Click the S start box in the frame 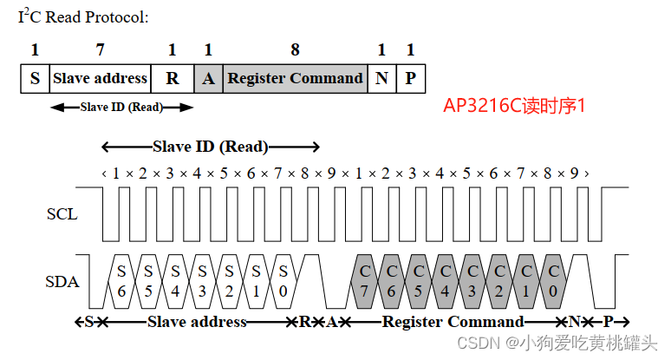pyautogui.click(x=35, y=78)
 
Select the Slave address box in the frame pyautogui.click(x=101, y=78)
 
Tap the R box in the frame pyautogui.click(x=173, y=78)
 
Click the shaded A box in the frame pyautogui.click(x=208, y=78)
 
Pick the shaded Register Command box pyautogui.click(x=295, y=78)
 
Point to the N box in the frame pyautogui.click(x=381, y=78)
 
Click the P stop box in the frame pyautogui.click(x=410, y=78)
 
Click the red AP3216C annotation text pyautogui.click(x=515, y=106)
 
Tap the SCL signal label pyautogui.click(x=62, y=213)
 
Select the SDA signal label pyautogui.click(x=62, y=281)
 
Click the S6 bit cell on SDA pyautogui.click(x=121, y=281)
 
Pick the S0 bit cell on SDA pyautogui.click(x=283, y=281)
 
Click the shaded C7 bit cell pyautogui.click(x=364, y=281)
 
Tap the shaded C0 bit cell pyautogui.click(x=552, y=281)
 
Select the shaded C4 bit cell pyautogui.click(x=445, y=281)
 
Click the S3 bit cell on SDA pyautogui.click(x=202, y=281)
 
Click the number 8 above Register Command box pyautogui.click(x=295, y=49)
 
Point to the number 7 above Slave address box pyautogui.click(x=101, y=49)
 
